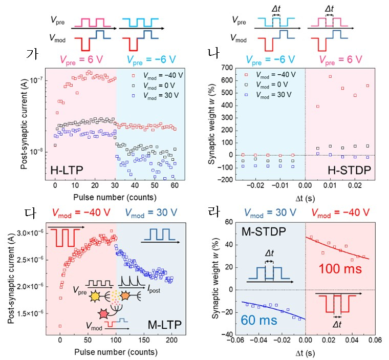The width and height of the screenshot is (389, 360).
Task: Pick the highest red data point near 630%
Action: [x=330, y=77]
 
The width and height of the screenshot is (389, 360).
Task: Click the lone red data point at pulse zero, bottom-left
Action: [x=60, y=325]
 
